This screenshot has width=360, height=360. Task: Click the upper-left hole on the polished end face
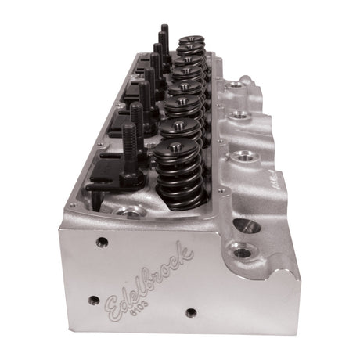pyautogui.click(x=100, y=242)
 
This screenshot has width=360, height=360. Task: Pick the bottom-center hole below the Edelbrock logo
pyautogui.click(x=189, y=312)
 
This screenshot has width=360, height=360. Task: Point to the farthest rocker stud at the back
pyautogui.click(x=165, y=35)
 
